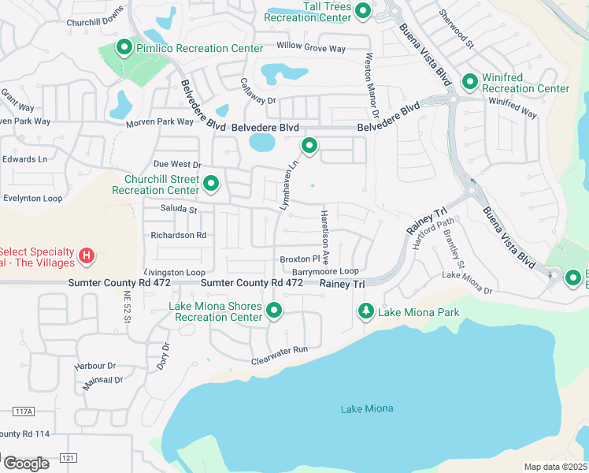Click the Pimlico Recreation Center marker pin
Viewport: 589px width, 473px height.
pyautogui.click(x=124, y=48)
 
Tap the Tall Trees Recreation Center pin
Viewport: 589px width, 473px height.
pyautogui.click(x=363, y=10)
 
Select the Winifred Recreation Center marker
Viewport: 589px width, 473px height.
pyautogui.click(x=470, y=81)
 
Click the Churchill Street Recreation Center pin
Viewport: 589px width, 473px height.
pyautogui.click(x=211, y=184)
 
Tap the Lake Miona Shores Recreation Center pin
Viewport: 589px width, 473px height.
pyautogui.click(x=274, y=311)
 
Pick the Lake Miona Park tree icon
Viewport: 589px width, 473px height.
pyautogui.click(x=365, y=312)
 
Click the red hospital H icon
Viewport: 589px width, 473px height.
pyautogui.click(x=88, y=256)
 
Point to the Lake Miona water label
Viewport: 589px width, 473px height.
pyautogui.click(x=366, y=408)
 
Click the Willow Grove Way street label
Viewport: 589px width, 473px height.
pyautogui.click(x=310, y=49)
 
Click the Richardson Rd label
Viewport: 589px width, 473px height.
pyautogui.click(x=179, y=235)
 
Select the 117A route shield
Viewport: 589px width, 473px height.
pyautogui.click(x=24, y=412)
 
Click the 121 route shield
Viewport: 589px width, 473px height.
pyautogui.click(x=71, y=457)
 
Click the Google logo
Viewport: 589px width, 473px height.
pyautogui.click(x=26, y=463)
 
